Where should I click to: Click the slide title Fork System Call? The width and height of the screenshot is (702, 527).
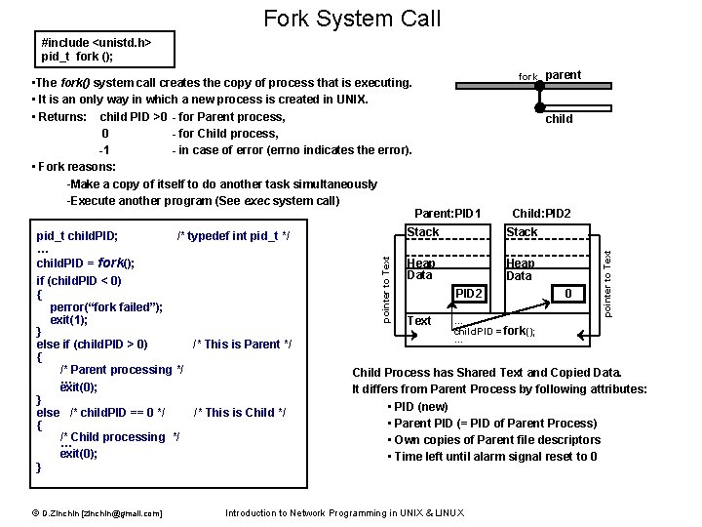[351, 18]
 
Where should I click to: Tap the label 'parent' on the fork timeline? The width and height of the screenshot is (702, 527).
[563, 75]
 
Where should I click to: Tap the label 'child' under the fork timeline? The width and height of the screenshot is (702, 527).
[559, 119]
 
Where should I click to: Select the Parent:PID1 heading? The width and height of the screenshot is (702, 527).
[448, 214]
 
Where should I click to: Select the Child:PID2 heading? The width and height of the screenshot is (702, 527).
[542, 214]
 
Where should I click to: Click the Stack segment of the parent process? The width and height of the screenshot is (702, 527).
[423, 232]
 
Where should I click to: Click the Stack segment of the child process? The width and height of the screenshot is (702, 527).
[522, 232]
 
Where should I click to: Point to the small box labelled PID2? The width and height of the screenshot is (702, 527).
[469, 293]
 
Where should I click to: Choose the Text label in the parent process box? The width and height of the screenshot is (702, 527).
[419, 321]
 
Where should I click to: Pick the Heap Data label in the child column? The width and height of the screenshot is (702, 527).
[520, 269]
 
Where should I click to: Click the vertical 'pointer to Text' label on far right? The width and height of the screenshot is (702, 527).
[606, 283]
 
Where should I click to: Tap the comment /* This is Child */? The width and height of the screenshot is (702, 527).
[240, 412]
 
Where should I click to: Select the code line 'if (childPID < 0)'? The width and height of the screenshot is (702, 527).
[79, 280]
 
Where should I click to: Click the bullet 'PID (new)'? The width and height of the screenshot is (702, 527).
[420, 406]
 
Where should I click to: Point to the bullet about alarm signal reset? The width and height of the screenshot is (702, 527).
[495, 457]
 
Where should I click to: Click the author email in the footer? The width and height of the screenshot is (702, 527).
[96, 513]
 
